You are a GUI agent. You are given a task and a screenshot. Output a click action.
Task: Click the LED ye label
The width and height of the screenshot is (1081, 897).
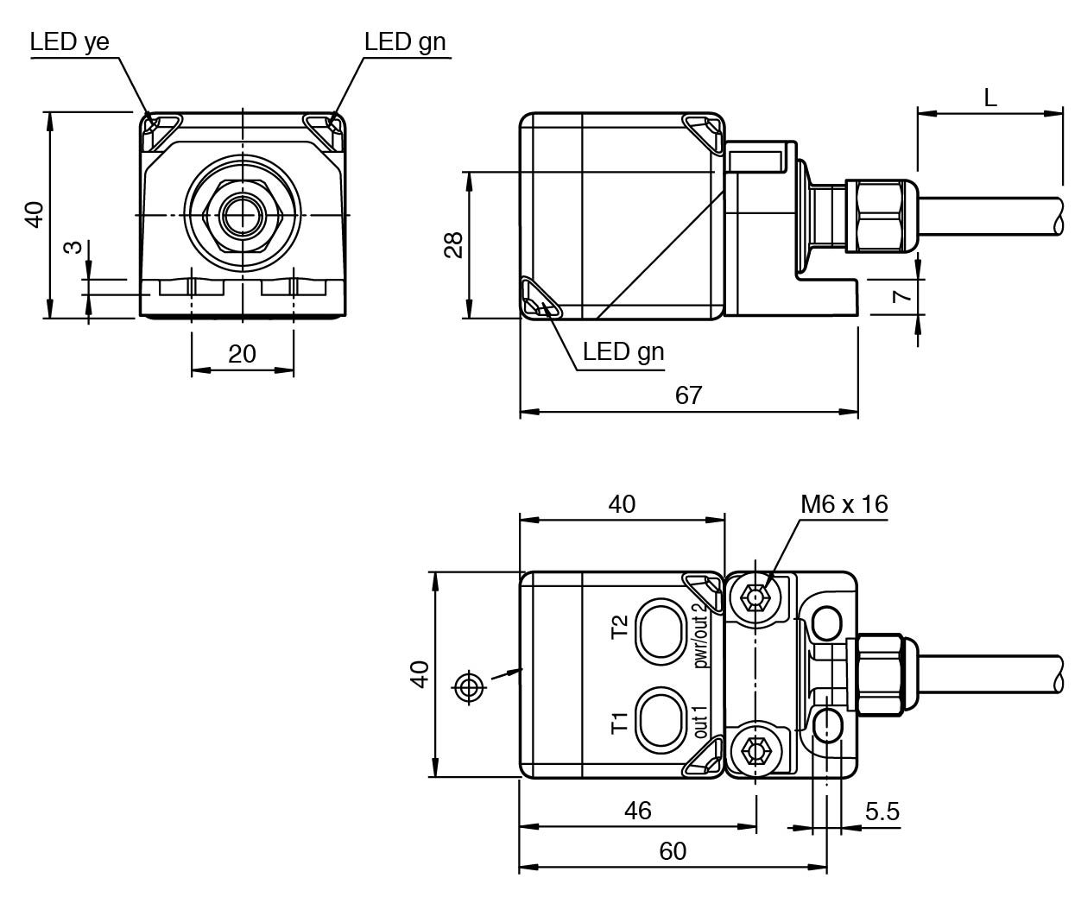(x=69, y=42)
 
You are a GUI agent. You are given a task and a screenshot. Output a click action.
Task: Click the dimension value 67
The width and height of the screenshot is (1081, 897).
(x=688, y=396)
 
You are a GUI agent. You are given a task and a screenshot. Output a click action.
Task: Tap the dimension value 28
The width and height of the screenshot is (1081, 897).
(x=454, y=245)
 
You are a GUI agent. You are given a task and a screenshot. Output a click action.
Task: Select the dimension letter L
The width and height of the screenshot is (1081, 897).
(x=989, y=98)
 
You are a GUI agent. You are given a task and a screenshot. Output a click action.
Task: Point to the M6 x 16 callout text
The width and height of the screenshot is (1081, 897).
(x=844, y=504)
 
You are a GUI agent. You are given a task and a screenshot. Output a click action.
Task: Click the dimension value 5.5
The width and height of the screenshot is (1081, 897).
(x=882, y=812)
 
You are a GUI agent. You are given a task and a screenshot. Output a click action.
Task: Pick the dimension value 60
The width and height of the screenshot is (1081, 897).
(x=673, y=851)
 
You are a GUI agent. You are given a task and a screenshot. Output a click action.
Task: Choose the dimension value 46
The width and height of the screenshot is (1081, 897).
(x=637, y=811)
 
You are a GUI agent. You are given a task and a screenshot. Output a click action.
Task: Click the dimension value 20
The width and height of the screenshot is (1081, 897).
(x=242, y=354)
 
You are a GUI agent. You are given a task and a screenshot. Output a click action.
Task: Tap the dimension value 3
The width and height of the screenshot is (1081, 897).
(x=73, y=247)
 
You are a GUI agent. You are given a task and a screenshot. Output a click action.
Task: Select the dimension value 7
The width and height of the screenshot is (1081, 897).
(x=901, y=297)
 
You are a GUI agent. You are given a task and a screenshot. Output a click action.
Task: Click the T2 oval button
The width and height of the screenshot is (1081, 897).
(x=661, y=632)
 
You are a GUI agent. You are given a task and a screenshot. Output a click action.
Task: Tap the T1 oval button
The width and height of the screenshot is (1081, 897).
(x=661, y=721)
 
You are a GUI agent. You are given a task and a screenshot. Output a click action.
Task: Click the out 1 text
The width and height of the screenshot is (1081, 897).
(x=699, y=722)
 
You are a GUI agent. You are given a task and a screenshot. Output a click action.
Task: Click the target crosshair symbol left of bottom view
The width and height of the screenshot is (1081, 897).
(x=469, y=687)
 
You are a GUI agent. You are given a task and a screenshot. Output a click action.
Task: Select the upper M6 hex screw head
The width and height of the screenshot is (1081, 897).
(x=755, y=598)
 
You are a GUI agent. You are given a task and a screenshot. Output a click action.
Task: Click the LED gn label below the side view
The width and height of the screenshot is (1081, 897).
(x=623, y=352)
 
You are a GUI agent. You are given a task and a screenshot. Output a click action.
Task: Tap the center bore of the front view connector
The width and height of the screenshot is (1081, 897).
(x=243, y=215)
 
